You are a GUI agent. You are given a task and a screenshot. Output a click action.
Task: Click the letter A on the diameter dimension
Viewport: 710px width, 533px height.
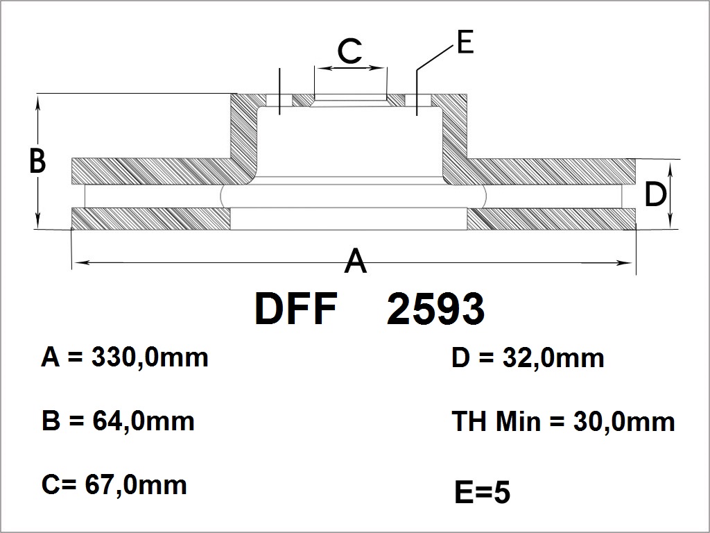pyautogui.click(x=356, y=260)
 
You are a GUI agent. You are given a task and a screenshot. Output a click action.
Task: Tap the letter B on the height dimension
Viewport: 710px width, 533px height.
pyautogui.click(x=37, y=160)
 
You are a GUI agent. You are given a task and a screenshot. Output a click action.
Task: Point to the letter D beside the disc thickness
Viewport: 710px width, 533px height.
pyautogui.click(x=655, y=194)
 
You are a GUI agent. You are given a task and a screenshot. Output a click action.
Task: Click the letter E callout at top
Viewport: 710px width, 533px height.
pyautogui.click(x=465, y=42)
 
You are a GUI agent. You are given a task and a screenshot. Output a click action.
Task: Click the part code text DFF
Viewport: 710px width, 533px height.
pyautogui.click(x=295, y=309)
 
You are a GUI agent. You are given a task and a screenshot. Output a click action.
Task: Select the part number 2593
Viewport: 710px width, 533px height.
pyautogui.click(x=435, y=309)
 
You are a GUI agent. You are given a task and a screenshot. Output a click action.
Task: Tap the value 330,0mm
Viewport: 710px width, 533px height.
pyautogui.click(x=150, y=357)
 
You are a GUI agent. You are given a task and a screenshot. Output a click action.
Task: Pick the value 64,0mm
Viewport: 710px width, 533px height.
pyautogui.click(x=144, y=421)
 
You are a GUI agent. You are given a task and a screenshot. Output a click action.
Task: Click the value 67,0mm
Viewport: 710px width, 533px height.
pyautogui.click(x=136, y=485)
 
